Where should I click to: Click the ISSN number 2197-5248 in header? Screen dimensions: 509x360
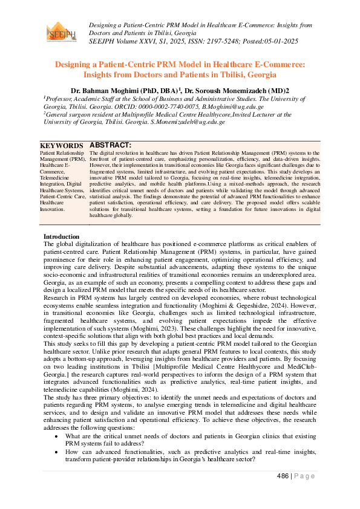click(x=214, y=41)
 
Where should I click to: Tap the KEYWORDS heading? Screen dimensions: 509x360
click(x=62, y=146)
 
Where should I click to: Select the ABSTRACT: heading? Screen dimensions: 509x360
click(x=110, y=146)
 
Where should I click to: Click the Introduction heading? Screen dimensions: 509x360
click(x=61, y=236)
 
